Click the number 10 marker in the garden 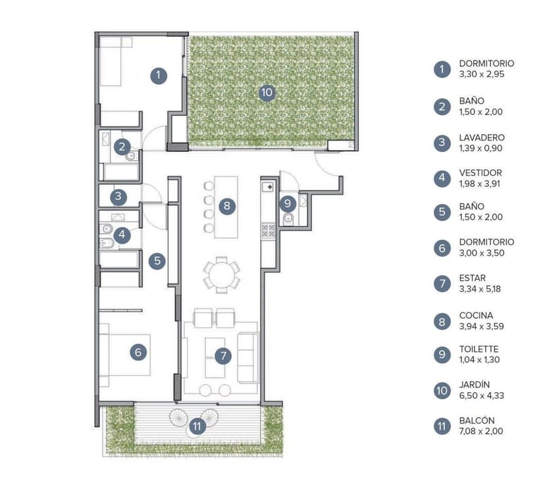pyautogui.click(x=267, y=92)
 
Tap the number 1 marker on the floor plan pyautogui.click(x=159, y=76)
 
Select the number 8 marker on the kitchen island pyautogui.click(x=227, y=206)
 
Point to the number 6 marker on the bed pyautogui.click(x=138, y=352)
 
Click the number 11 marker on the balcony pyautogui.click(x=197, y=426)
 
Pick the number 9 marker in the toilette pyautogui.click(x=288, y=203)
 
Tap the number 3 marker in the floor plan pyautogui.click(x=118, y=197)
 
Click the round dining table pyautogui.click(x=221, y=274)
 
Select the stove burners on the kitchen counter pyautogui.click(x=268, y=230)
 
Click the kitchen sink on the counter pyautogui.click(x=269, y=187)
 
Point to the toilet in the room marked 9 pyautogui.click(x=288, y=219)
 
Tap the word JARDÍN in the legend pyautogui.click(x=475, y=385)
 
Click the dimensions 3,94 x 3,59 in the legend pyautogui.click(x=481, y=326)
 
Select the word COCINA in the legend pyautogui.click(x=476, y=316)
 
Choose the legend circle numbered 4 pyautogui.click(x=442, y=178)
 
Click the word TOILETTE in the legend pyautogui.click(x=479, y=349)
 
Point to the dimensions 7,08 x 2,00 pyautogui.click(x=481, y=431)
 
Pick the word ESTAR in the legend pyautogui.click(x=473, y=278)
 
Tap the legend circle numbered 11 pyautogui.click(x=442, y=426)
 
